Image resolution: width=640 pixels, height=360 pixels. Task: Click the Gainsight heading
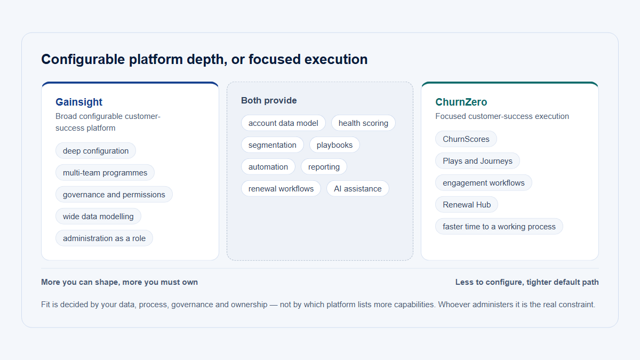coord(79,102)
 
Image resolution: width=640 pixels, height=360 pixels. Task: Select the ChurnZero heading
coord(461,102)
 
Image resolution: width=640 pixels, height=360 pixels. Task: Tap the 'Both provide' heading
coord(269,100)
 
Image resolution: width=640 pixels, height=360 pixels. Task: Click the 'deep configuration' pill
coord(95,150)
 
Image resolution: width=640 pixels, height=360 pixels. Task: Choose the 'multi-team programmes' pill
coord(105,173)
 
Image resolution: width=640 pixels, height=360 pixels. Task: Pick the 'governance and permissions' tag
coord(114,195)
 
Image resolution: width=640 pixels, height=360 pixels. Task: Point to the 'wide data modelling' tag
coord(98,217)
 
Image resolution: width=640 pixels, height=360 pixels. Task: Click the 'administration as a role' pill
coord(105,238)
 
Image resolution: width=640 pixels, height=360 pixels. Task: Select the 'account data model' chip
coord(283,123)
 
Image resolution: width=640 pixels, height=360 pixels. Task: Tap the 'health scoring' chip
coord(363,123)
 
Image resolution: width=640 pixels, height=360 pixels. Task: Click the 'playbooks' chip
coord(334,145)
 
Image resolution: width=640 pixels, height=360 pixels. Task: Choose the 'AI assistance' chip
coord(358,189)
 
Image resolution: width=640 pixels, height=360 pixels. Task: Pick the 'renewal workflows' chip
coord(281,189)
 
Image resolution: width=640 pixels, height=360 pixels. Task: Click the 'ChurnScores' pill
coord(466,139)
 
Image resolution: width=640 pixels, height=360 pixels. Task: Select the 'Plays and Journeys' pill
coord(477,161)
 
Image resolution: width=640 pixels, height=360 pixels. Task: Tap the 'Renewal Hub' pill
coord(467,205)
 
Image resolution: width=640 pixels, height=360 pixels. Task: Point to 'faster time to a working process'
coord(499,227)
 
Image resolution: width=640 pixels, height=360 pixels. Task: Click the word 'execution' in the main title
coord(336,59)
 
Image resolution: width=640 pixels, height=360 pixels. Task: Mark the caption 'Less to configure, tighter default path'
coord(527,282)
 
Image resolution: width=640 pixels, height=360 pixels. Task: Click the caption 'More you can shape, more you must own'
coord(119,282)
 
